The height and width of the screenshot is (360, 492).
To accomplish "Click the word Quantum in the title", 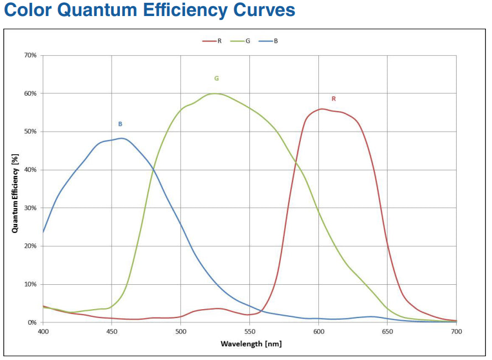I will pyautogui.click(x=95, y=11).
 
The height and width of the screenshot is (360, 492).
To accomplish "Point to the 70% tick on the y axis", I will pyautogui.click(x=30, y=55).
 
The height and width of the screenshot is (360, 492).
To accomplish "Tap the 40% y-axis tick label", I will pyautogui.click(x=30, y=170).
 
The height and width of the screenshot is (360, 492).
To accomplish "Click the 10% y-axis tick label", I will pyautogui.click(x=30, y=284).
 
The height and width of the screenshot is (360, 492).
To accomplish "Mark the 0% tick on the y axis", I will pyautogui.click(x=32, y=322).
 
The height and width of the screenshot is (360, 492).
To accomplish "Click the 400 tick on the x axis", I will pyautogui.click(x=43, y=331).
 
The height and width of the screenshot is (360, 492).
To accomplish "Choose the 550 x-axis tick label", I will pyautogui.click(x=249, y=331).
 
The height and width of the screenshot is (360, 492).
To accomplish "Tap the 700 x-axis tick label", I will pyautogui.click(x=456, y=331).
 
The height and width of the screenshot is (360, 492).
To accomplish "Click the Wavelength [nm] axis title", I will pyautogui.click(x=251, y=344).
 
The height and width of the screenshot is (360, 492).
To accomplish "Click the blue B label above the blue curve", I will pyautogui.click(x=120, y=124).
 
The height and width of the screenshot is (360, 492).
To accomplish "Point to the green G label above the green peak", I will pyautogui.click(x=216, y=79).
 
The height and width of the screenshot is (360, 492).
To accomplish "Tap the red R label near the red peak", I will pyautogui.click(x=333, y=99).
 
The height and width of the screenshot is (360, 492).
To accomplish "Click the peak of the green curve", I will pyautogui.click(x=215, y=93).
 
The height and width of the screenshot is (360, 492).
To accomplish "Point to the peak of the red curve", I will pyautogui.click(x=322, y=109).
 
